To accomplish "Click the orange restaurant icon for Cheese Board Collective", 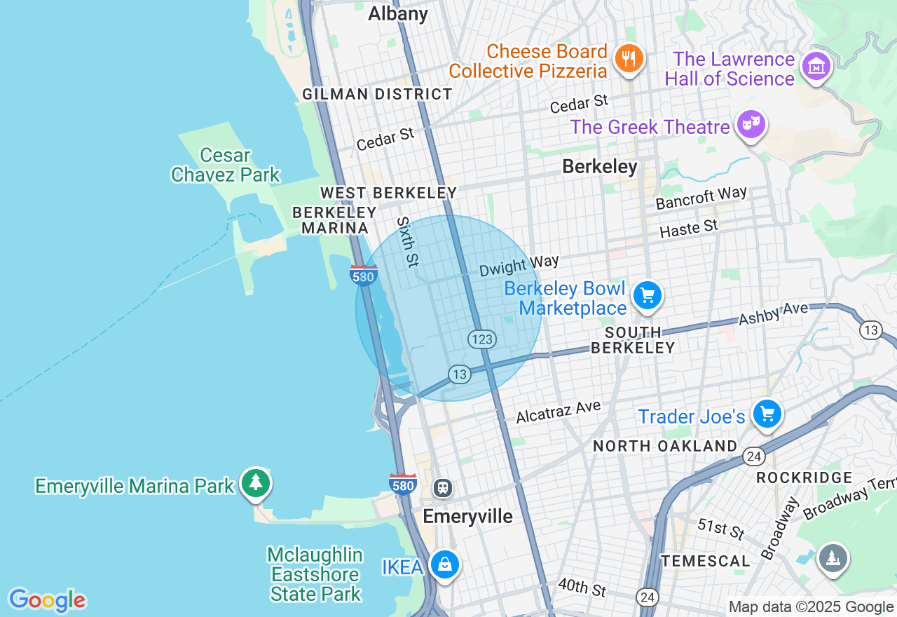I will (x=629, y=59).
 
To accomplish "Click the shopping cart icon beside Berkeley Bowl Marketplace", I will (x=647, y=296).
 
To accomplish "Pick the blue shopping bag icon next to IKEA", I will (x=444, y=564).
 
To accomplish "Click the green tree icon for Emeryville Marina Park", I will (x=256, y=483).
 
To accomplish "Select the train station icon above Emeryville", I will (x=443, y=487).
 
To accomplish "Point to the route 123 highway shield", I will (x=482, y=339).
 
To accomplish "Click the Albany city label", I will (x=398, y=13).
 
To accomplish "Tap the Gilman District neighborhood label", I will (x=377, y=94).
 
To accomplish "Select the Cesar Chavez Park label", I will (x=225, y=165).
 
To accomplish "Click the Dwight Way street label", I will (x=519, y=266).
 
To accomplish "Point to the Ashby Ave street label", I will (x=773, y=313).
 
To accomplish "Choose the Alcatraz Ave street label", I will (x=559, y=412).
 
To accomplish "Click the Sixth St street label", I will (x=407, y=241).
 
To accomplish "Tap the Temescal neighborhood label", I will (x=706, y=561).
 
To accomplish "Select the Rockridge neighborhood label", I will (x=804, y=478).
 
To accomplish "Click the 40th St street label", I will (x=582, y=587).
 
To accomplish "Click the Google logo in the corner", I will (x=47, y=601).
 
